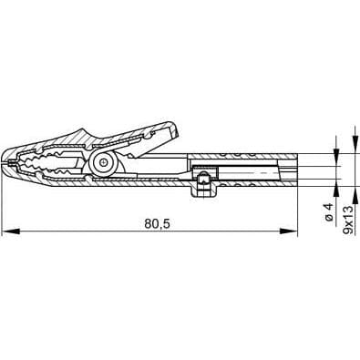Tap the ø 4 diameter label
point(327,213)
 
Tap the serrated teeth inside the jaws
point(46,164)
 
